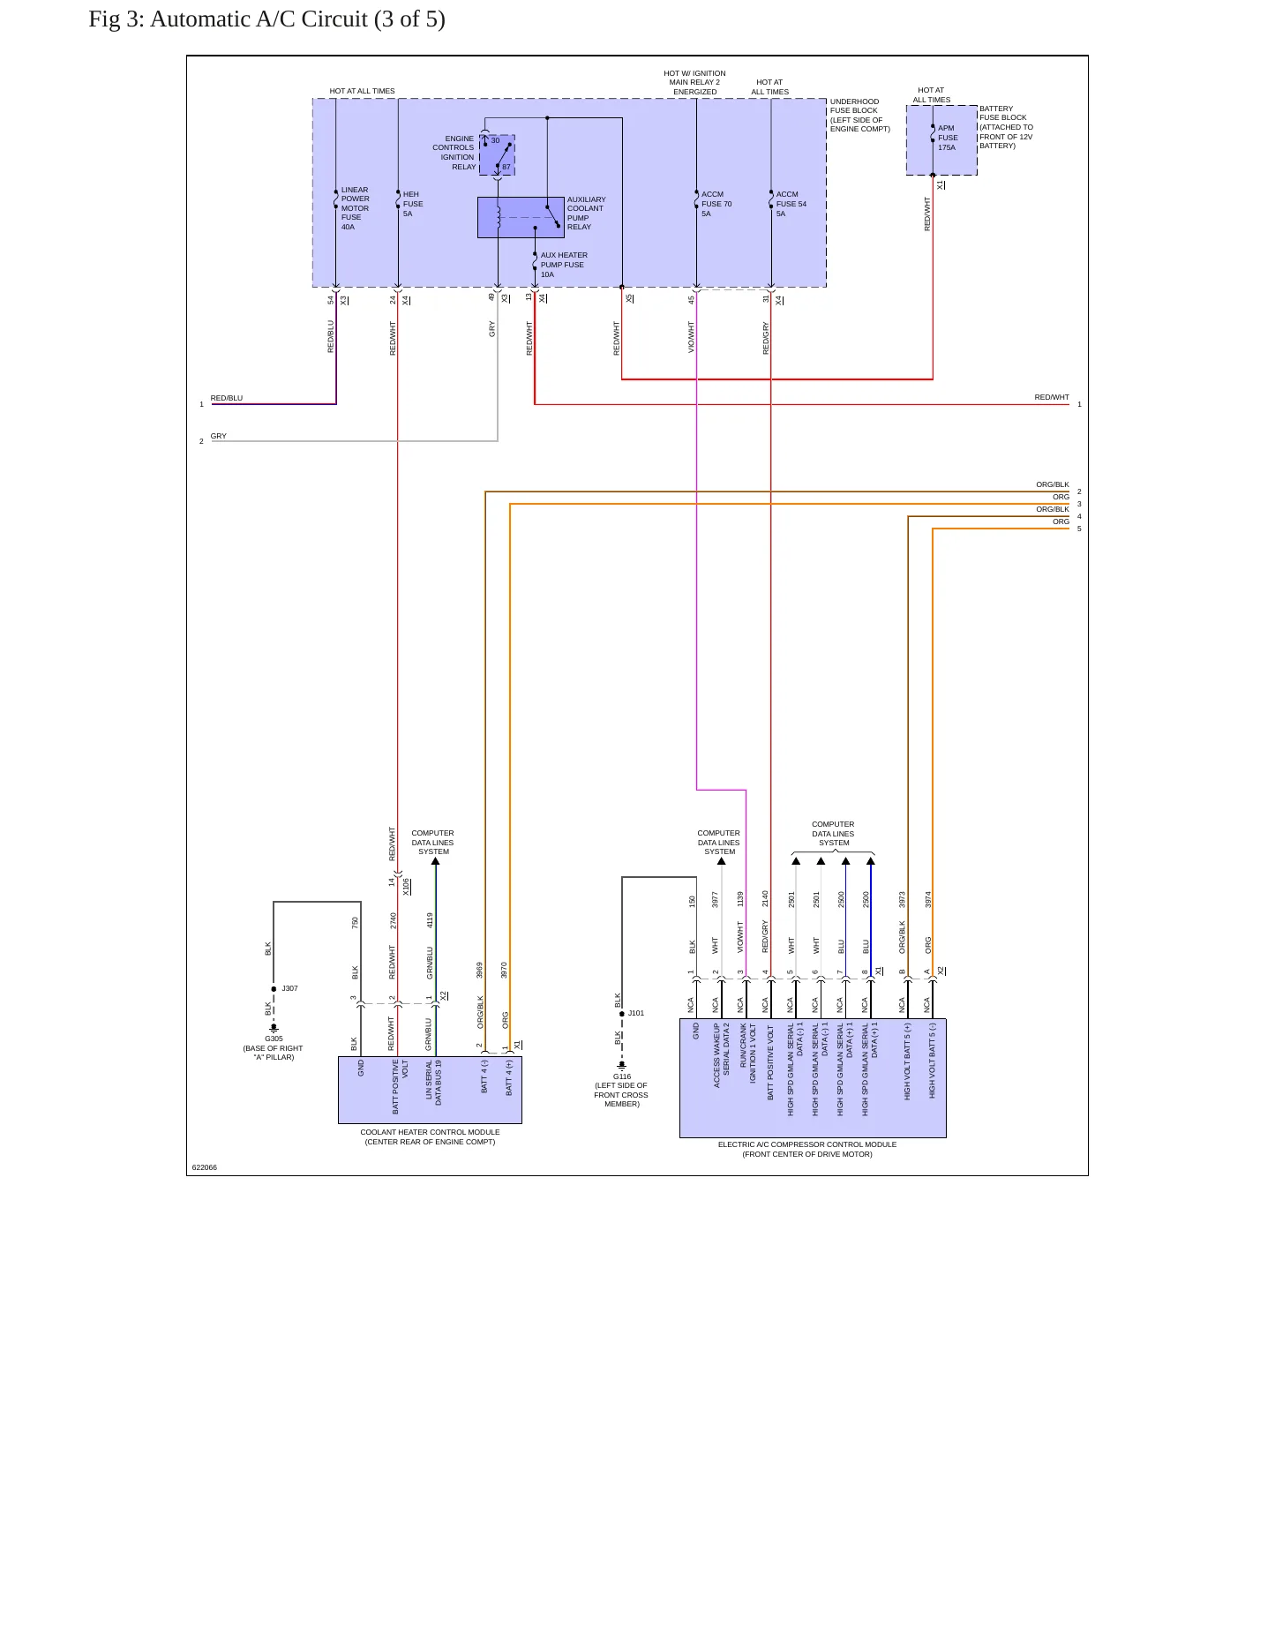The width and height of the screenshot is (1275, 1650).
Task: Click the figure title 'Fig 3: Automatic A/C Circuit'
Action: coord(228,19)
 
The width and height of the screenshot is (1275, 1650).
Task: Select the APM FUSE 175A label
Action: coord(948,138)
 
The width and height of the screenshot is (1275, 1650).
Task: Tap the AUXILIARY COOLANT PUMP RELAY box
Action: coord(521,217)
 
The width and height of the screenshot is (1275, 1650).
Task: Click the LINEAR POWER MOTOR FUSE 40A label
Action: coord(355,208)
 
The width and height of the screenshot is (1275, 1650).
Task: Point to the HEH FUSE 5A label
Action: coord(413,204)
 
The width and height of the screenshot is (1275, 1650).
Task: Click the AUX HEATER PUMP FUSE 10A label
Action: coord(564,265)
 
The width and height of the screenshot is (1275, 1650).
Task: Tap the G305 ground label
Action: coord(274,1039)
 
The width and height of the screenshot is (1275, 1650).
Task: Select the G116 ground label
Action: coord(622,1076)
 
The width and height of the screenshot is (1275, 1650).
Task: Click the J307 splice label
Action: coord(289,988)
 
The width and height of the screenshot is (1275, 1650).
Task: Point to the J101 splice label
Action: coord(636,1013)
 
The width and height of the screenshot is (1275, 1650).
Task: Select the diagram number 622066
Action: coord(205,1167)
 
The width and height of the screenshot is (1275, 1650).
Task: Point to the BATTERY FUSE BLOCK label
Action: coord(1006,127)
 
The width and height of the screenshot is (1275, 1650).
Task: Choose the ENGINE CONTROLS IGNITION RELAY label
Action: coord(454,153)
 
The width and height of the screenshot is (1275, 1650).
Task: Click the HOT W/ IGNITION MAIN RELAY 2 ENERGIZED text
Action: coord(694,83)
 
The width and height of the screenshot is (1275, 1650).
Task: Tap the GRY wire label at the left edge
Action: coord(219,436)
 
